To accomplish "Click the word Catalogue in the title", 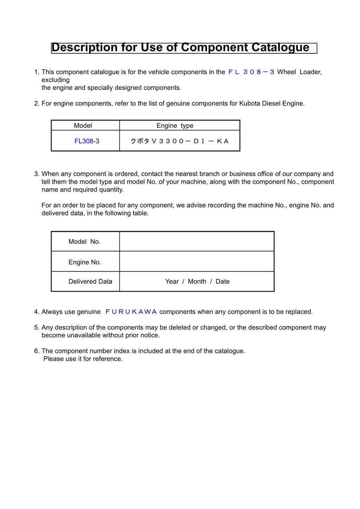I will tap(280, 47).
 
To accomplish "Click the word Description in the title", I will tap(84, 47).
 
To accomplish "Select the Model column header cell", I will tap(83, 126).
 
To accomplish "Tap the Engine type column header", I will tap(175, 126).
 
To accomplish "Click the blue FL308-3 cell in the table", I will tap(87, 141).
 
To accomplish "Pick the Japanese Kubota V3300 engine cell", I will tap(179, 141).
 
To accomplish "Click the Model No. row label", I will tap(84, 242).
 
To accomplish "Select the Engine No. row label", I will tap(85, 262).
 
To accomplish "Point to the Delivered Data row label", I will tap(90, 281).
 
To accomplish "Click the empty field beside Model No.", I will tap(197, 242).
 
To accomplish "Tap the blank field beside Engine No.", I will tap(197, 262).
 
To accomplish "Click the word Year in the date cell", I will tap(172, 281).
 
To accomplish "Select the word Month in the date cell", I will tap(197, 281).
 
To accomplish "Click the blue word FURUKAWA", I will tap(131, 312).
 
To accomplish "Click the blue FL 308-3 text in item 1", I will tap(251, 72).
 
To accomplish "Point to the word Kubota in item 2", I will tap(250, 104).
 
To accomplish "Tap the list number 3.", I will tap(37, 174).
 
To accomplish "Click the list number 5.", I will tap(37, 328).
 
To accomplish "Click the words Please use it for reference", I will tap(83, 359).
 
